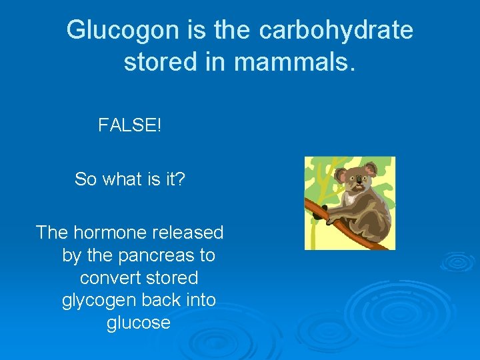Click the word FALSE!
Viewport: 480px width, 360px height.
coord(129,125)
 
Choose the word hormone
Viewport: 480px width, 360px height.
coord(109,233)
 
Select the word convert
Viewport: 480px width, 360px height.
coord(106,277)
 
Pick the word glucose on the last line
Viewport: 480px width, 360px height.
coord(139,323)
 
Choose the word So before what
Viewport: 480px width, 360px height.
coord(85,179)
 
